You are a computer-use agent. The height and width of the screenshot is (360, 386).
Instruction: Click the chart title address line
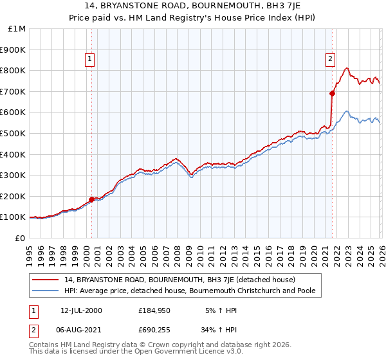tap(193, 6)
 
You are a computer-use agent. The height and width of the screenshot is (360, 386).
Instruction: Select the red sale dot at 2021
tap(333, 93)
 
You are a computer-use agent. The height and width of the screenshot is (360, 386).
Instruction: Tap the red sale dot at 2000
tap(91, 199)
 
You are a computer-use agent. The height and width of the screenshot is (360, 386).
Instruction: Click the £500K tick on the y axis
tap(14, 133)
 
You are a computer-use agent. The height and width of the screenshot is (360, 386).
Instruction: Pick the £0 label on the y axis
tap(20, 238)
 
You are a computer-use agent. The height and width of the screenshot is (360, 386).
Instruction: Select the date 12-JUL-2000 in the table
tap(81, 310)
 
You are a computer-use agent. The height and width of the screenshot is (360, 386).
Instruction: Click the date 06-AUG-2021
tap(81, 331)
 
